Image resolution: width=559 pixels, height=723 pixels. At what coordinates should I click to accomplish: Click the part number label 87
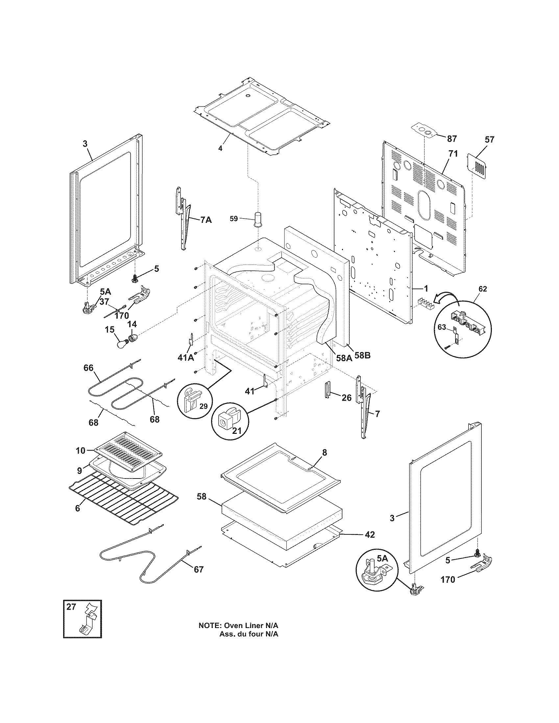[452, 139]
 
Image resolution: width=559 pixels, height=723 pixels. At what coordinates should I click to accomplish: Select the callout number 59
[234, 219]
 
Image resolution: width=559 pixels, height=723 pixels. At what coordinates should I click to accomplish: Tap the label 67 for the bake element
[199, 570]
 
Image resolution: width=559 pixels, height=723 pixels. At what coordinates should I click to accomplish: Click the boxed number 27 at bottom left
[71, 607]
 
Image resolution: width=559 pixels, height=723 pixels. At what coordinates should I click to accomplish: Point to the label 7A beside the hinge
[206, 220]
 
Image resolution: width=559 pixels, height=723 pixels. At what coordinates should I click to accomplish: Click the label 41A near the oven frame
[186, 358]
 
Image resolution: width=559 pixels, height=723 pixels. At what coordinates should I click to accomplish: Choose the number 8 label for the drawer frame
[324, 453]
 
